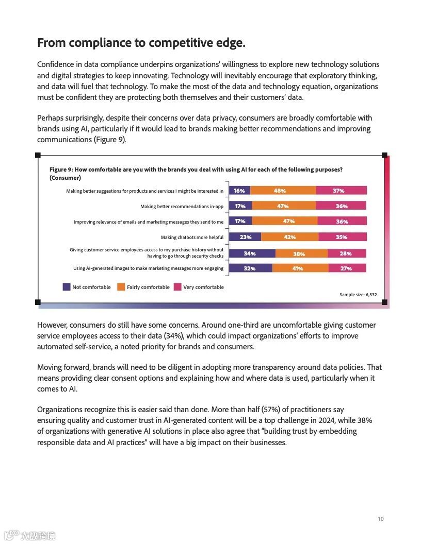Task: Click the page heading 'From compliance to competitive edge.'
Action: click(141, 43)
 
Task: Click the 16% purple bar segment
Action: click(239, 191)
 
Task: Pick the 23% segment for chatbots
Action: click(245, 237)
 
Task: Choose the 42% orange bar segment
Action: click(289, 237)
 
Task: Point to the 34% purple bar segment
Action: click(252, 253)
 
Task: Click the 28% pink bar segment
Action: click(347, 253)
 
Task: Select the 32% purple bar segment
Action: click(250, 268)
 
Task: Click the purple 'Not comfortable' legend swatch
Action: click(67, 287)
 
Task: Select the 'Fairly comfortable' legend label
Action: click(148, 287)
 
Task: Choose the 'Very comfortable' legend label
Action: click(203, 287)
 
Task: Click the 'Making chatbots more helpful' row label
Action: click(192, 237)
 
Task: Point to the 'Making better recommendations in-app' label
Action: click(182, 207)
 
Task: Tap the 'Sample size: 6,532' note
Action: click(358, 295)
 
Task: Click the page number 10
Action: click(380, 519)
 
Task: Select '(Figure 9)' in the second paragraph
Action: click(110, 140)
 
